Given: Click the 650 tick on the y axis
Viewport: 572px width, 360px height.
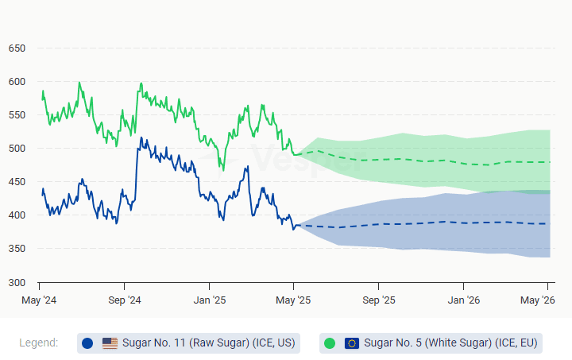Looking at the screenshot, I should [x=17, y=48].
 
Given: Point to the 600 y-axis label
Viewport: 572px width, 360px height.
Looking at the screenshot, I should [x=17, y=82].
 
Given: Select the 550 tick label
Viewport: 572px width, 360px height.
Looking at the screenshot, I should [x=17, y=115].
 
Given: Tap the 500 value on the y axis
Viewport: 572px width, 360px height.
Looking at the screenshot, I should [x=17, y=149].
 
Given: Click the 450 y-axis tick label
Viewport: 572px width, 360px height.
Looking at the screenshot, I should [x=17, y=182].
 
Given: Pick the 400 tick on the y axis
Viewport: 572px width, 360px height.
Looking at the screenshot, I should [x=17, y=215].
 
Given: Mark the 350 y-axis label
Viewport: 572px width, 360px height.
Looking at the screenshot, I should [x=17, y=249].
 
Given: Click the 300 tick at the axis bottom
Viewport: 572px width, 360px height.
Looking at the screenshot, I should [x=17, y=283].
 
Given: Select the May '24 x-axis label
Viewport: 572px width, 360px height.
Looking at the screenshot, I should [x=38, y=300].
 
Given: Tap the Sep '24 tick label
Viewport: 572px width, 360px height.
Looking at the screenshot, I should [x=124, y=300].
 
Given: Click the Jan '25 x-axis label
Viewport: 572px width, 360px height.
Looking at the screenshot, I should [x=209, y=300].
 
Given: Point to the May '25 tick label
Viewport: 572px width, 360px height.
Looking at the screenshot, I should [x=294, y=300].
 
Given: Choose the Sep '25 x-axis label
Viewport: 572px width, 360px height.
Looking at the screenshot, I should [x=379, y=300].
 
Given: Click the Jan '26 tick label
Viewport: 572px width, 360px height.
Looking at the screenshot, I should [x=464, y=300].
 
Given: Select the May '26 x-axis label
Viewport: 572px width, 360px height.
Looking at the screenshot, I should [x=537, y=300].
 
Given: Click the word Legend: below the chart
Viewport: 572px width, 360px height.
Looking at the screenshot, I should [x=39, y=343].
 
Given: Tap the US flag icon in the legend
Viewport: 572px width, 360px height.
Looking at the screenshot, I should [x=110, y=343].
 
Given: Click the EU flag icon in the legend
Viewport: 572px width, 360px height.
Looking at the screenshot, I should [x=352, y=343].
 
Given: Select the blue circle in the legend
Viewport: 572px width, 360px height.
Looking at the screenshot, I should [x=87, y=343].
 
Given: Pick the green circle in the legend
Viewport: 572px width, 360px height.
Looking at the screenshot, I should [x=330, y=343].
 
